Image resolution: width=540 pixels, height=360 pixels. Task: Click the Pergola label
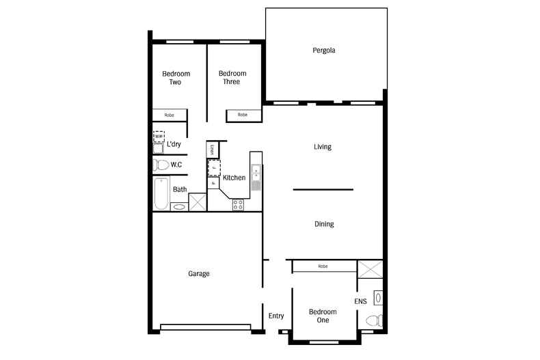tap(323, 51)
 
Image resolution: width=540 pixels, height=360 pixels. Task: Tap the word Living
tap(322, 147)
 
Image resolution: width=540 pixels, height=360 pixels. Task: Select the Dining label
tap(324, 224)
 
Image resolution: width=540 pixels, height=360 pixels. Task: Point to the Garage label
tap(198, 274)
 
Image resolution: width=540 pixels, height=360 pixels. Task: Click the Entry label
tap(276, 316)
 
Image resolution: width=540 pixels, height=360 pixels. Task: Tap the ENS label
tap(360, 301)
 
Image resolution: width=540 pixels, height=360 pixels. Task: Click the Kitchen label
tap(234, 178)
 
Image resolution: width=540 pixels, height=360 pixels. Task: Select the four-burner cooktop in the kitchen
tap(239, 204)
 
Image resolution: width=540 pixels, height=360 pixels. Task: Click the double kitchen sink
tap(256, 171)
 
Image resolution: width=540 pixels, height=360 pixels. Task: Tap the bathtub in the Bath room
tap(161, 193)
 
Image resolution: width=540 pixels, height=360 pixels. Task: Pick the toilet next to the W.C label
tap(161, 165)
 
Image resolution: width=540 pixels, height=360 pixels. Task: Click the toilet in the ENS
tap(373, 320)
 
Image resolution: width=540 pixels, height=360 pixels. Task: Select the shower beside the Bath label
tap(198, 202)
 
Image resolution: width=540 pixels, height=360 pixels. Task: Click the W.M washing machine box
tap(159, 137)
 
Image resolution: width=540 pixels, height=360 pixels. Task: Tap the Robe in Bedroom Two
tap(170, 115)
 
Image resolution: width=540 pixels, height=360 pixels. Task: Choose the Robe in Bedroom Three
tap(243, 115)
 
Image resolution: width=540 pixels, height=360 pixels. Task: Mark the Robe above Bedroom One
tap(323, 266)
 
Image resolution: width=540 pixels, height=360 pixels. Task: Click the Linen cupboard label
tap(211, 150)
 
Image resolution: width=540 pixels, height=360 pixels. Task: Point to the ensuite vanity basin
tap(378, 298)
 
